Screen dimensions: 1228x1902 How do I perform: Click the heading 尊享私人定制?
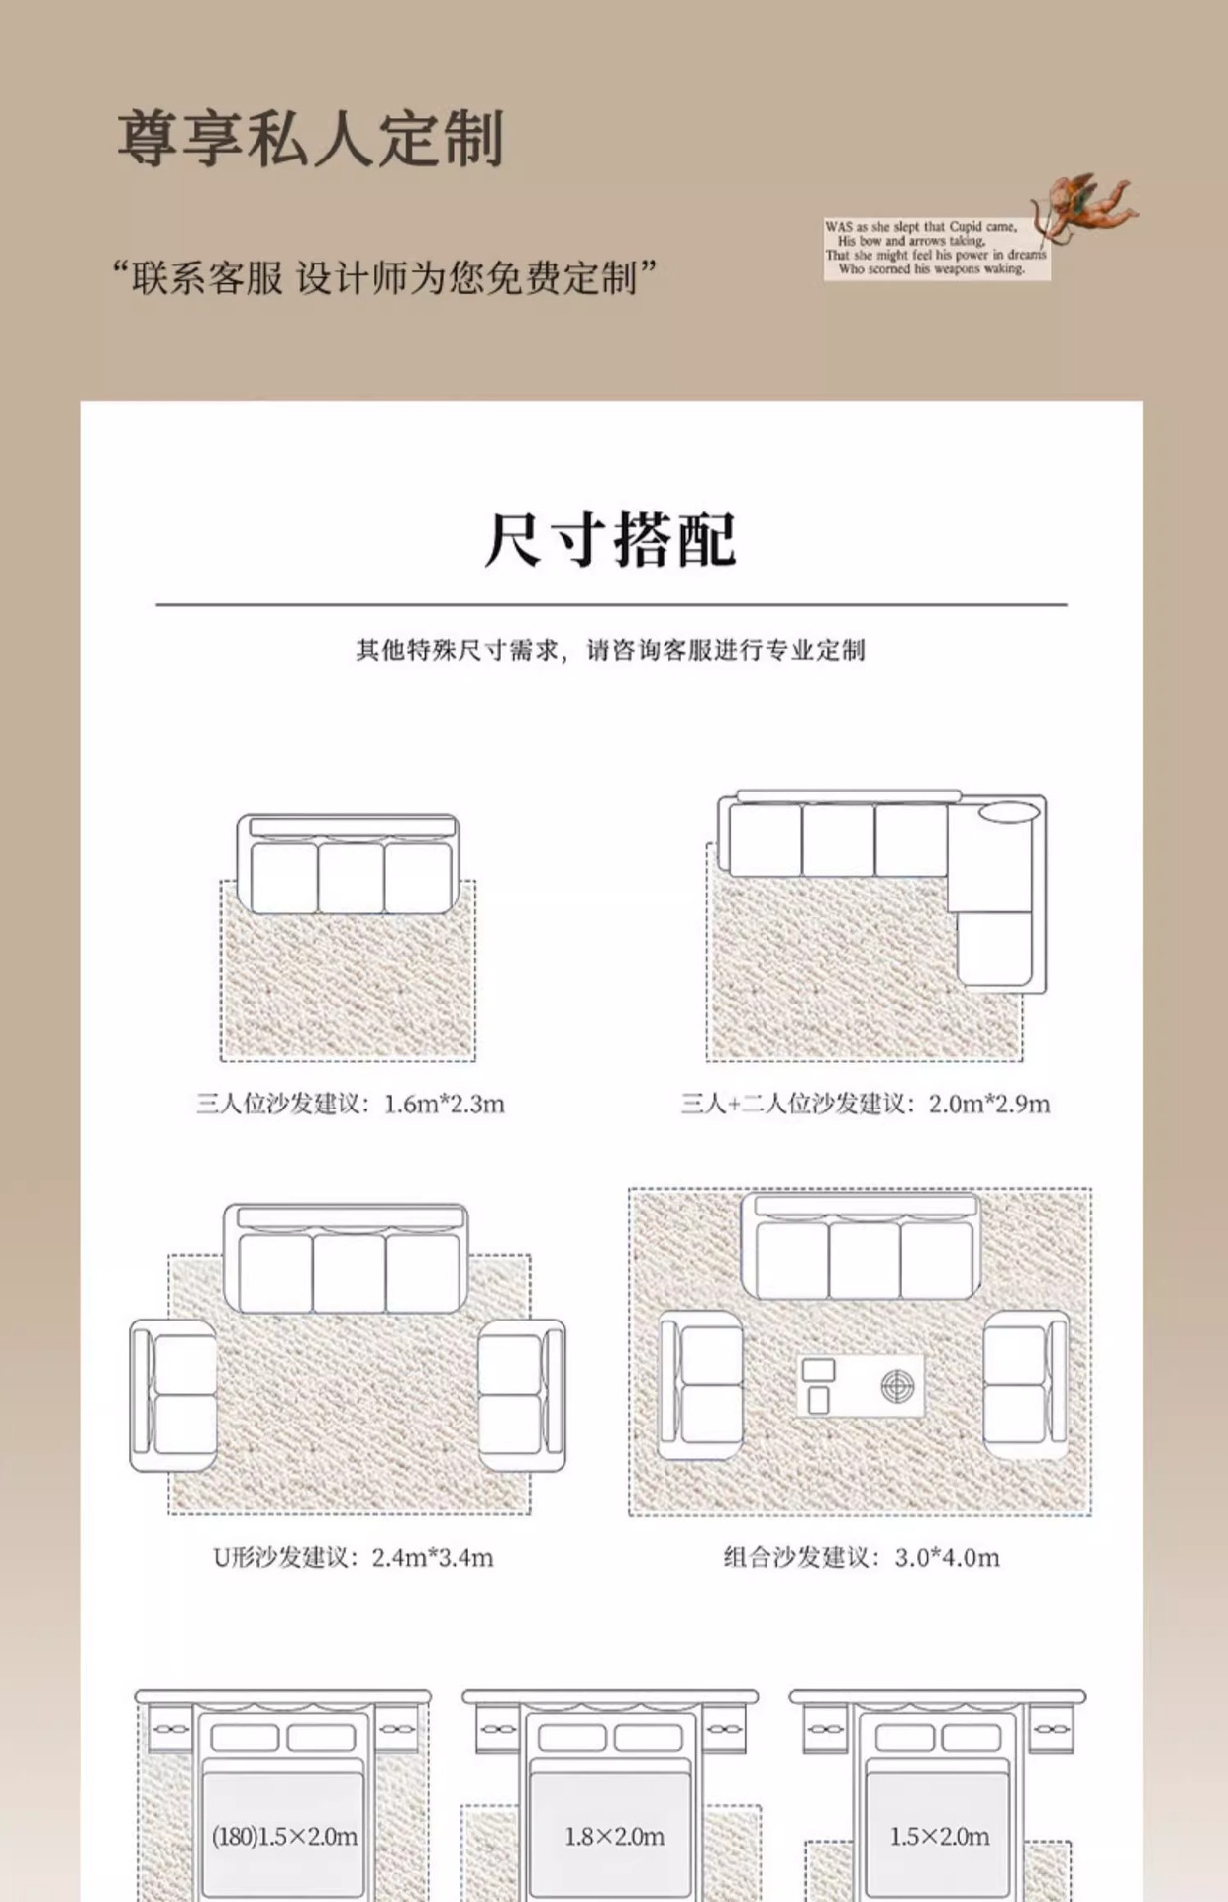click(311, 138)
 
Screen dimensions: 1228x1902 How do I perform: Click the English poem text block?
click(935, 248)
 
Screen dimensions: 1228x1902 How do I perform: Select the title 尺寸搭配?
click(611, 540)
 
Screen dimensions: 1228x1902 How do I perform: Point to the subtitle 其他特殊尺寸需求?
click(611, 650)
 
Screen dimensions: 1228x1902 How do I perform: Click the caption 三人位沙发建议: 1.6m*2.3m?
click(351, 1104)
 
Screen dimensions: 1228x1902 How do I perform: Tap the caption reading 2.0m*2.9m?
click(866, 1104)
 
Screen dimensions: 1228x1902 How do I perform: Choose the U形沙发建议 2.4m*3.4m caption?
click(354, 1558)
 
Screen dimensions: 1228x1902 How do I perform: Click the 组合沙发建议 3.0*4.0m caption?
click(861, 1558)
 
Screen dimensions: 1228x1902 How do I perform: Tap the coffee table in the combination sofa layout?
click(861, 1385)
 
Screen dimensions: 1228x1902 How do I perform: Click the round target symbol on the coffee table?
click(897, 1386)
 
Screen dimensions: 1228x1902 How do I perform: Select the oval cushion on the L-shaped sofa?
click(1009, 813)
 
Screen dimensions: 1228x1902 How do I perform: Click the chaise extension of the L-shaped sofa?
click(995, 948)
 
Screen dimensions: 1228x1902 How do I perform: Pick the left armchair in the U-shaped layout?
click(174, 1396)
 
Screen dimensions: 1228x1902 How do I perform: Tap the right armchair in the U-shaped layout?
click(521, 1396)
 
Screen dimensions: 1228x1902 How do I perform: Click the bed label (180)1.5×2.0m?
click(284, 1837)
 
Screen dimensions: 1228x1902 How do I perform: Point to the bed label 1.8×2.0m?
click(614, 1837)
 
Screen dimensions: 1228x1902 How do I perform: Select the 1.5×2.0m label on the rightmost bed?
click(939, 1837)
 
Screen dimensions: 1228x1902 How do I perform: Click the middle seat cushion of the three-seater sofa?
click(351, 878)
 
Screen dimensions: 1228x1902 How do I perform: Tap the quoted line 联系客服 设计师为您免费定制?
click(384, 278)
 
